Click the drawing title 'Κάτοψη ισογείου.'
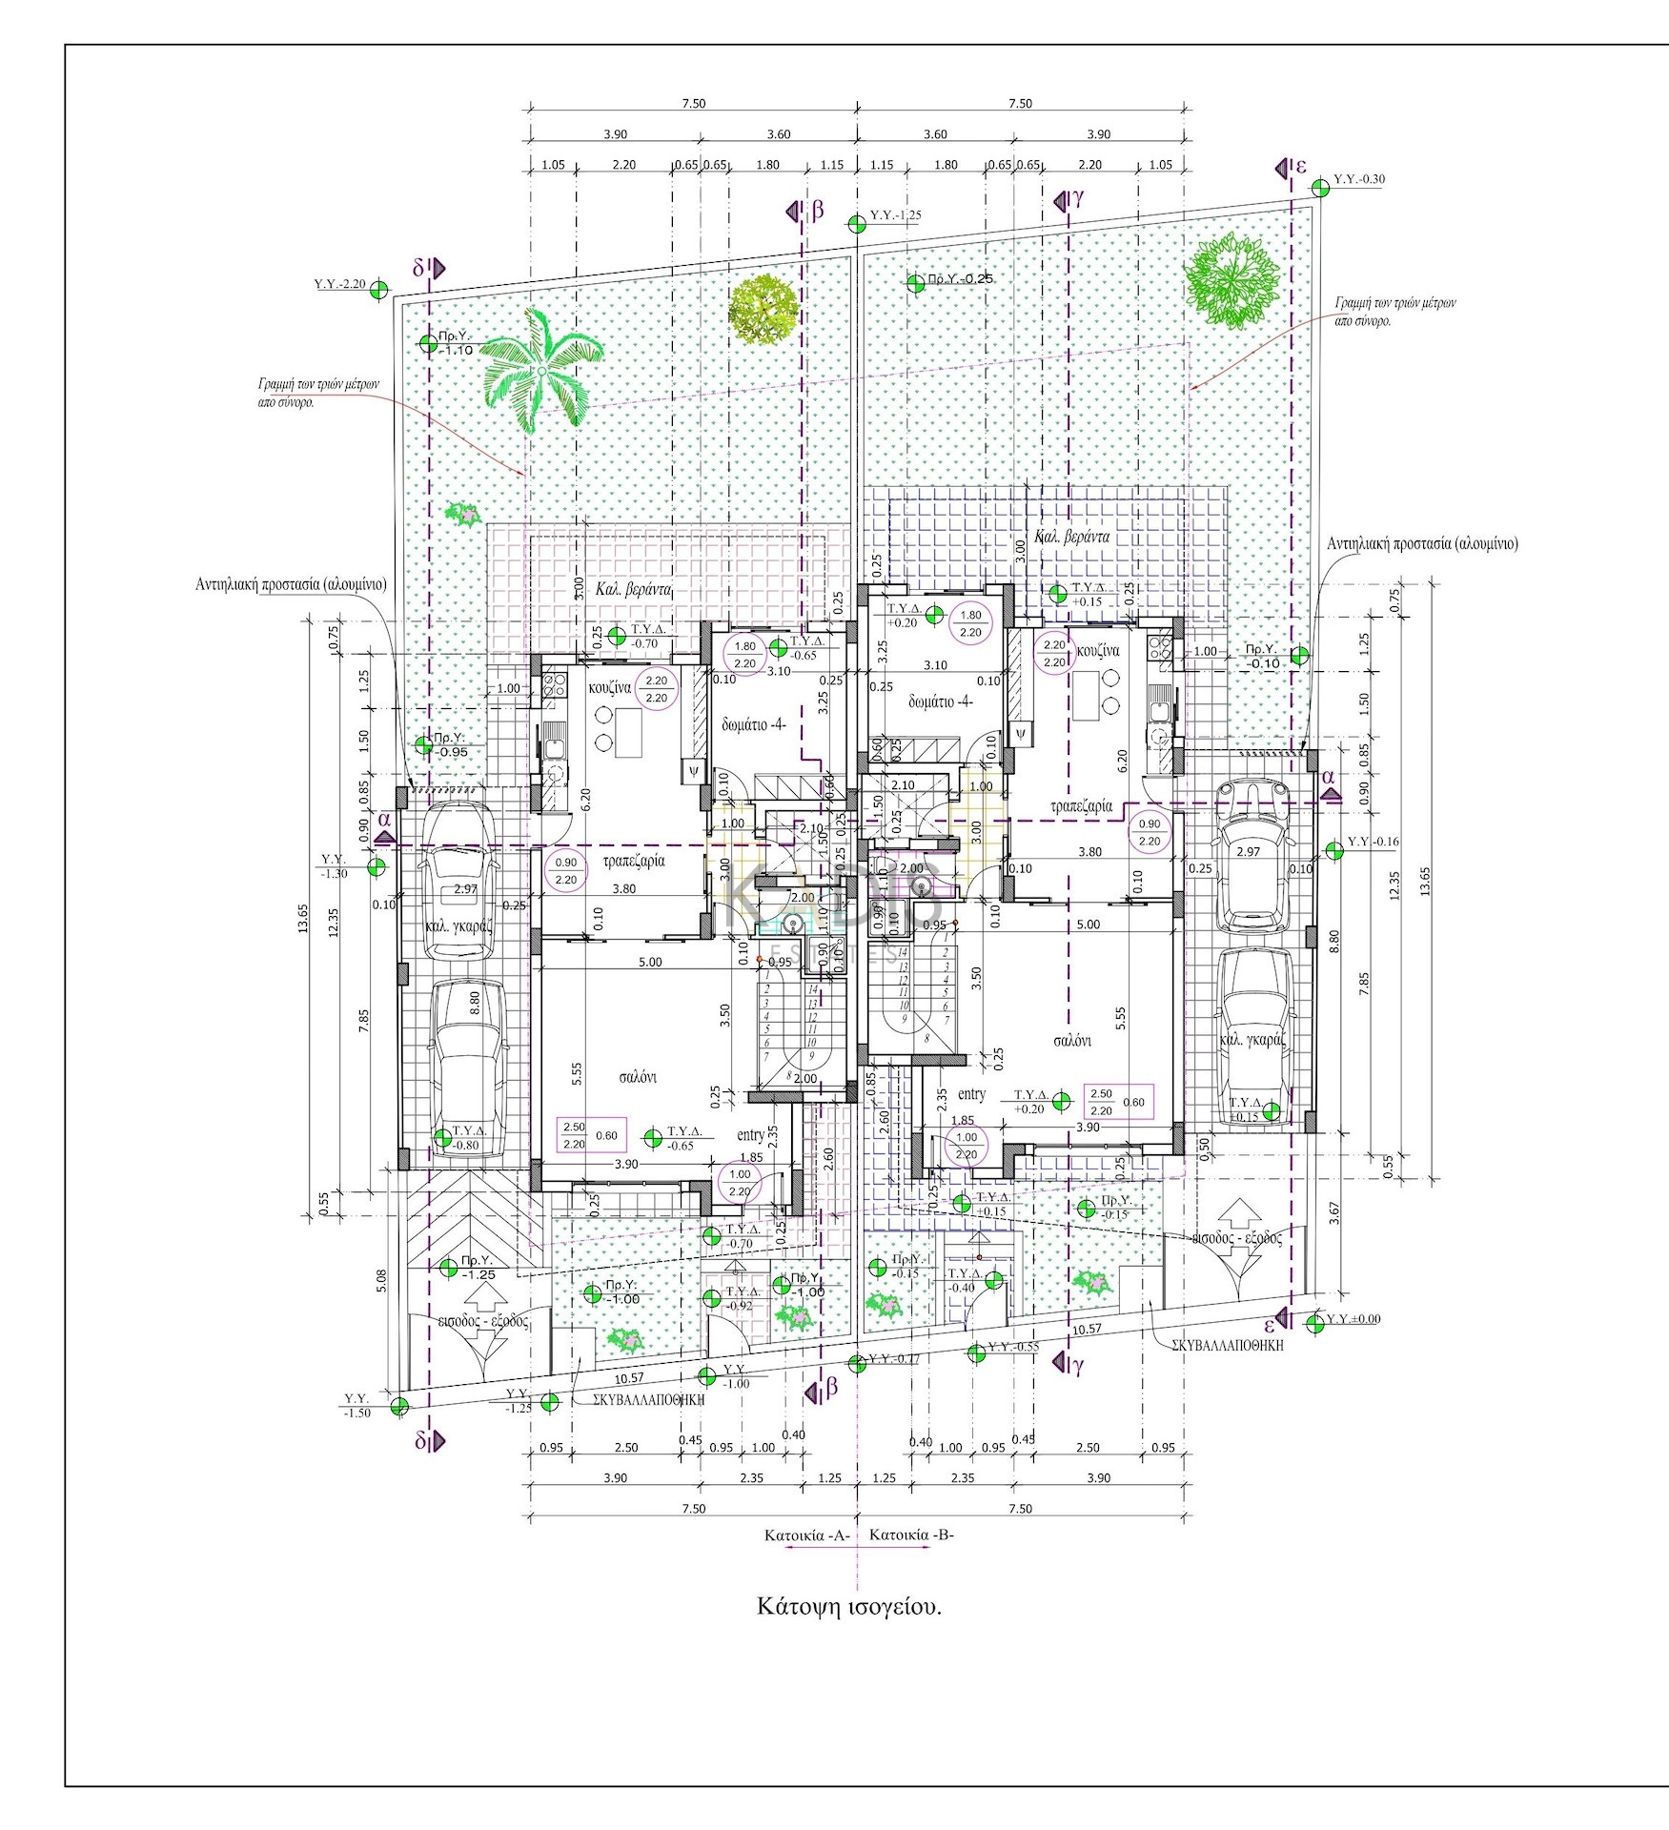point(848,1605)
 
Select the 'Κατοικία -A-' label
point(806,1535)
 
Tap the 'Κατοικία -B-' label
point(912,1535)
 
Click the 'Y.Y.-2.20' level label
point(340,284)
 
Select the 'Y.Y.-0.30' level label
point(1359,179)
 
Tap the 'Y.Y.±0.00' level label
point(1354,1320)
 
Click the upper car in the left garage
point(459,882)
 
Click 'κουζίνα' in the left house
point(610,688)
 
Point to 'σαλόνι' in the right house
point(1072,1041)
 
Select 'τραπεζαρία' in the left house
point(634,861)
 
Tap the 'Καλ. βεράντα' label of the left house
point(634,590)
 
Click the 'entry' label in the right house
point(971,1095)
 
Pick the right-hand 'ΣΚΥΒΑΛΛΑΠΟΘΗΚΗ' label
point(1228,1346)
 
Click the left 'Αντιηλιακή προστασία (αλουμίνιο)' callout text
point(291,584)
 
